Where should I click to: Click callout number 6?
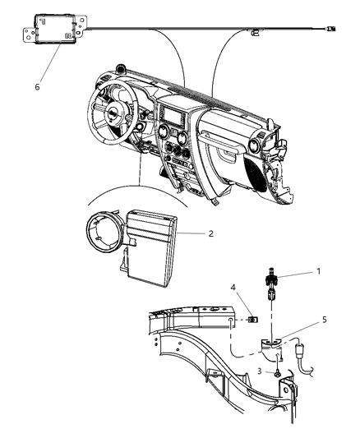click(x=35, y=84)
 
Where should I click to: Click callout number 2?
click(x=210, y=234)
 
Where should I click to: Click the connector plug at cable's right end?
click(x=330, y=30)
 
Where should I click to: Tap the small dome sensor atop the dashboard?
click(x=122, y=69)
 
